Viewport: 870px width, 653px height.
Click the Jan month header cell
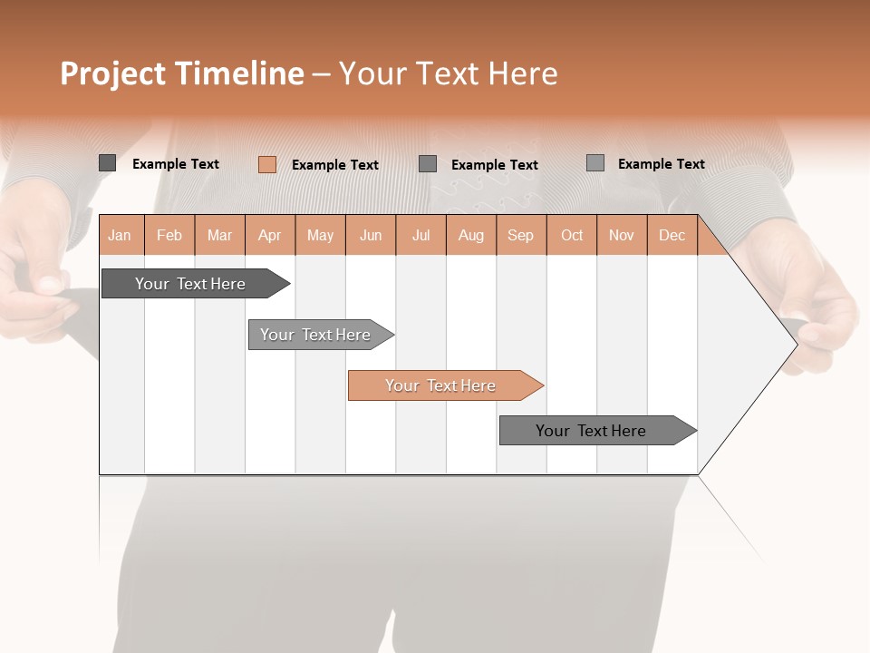pos(121,235)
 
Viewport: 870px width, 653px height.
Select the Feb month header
pos(169,235)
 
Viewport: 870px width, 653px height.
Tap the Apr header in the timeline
pos(270,235)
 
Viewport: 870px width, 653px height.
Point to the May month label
pos(320,235)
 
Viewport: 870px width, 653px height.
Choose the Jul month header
pos(420,235)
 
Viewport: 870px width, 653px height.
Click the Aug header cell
pos(471,235)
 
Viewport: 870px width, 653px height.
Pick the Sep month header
pos(521,235)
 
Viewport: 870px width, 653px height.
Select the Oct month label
pos(572,235)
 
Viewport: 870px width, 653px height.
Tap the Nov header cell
pos(622,235)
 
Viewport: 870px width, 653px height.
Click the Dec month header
pos(672,235)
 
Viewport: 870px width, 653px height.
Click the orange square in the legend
pos(266,164)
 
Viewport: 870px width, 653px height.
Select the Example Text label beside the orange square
pos(335,165)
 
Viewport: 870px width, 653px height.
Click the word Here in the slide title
pos(523,73)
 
